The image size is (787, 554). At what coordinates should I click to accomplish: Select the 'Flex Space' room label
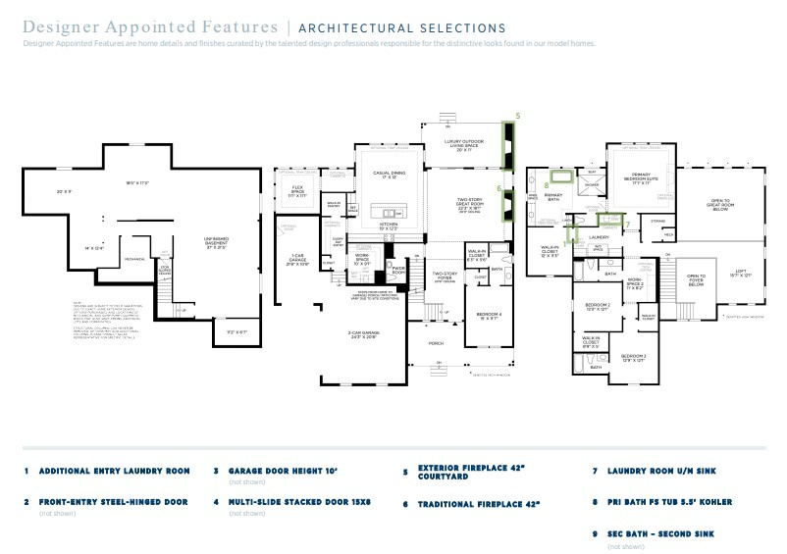point(291,193)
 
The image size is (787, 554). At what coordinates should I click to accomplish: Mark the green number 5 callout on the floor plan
point(517,116)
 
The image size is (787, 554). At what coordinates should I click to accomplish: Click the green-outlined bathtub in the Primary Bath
point(563,177)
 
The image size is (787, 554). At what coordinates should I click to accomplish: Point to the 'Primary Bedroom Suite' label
point(637,177)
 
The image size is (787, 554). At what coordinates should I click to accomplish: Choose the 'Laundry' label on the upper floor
point(600,237)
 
